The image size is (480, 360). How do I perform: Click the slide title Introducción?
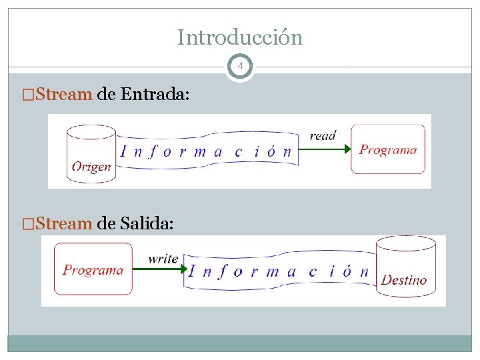[x=240, y=37]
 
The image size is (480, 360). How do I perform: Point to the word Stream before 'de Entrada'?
[x=64, y=94]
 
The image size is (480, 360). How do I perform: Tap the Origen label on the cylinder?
[x=91, y=166]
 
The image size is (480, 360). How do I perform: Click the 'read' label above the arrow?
[x=323, y=136]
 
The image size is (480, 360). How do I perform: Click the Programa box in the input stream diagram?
[x=388, y=149]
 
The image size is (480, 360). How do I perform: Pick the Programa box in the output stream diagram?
[x=93, y=269]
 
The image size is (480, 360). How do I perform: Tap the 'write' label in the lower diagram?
[x=163, y=258]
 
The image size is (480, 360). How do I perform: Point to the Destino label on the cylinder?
[x=403, y=279]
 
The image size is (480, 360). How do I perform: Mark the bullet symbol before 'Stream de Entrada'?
[x=27, y=94]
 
